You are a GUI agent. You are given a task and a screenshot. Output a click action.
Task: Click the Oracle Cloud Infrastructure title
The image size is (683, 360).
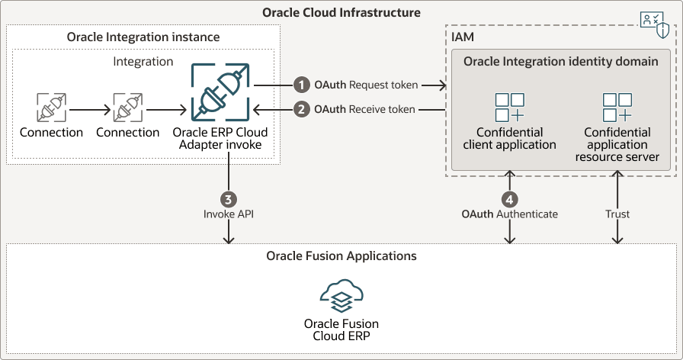(x=341, y=13)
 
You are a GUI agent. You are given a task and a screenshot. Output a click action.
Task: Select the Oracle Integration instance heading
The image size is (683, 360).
(x=143, y=37)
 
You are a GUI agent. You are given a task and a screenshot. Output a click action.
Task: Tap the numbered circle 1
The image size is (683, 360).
(x=303, y=85)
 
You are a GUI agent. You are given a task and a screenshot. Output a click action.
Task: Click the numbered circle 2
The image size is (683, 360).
(x=303, y=109)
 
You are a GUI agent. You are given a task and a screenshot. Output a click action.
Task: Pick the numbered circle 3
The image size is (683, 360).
(x=228, y=198)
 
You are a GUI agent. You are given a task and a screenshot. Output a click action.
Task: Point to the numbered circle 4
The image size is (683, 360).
(x=509, y=198)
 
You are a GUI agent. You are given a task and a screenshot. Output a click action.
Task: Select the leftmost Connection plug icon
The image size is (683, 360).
(x=51, y=108)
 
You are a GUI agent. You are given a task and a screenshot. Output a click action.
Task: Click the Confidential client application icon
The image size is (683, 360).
(x=509, y=108)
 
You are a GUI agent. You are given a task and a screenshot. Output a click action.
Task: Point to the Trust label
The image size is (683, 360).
(x=617, y=214)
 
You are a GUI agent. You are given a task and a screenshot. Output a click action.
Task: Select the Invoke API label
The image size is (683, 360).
(x=228, y=214)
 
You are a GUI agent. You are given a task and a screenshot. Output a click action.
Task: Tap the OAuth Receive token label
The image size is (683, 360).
(x=364, y=109)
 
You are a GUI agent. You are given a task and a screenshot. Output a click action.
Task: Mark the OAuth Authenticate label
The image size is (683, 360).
(x=509, y=214)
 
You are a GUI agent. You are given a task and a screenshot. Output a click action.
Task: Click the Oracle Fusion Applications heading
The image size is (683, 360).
(x=341, y=256)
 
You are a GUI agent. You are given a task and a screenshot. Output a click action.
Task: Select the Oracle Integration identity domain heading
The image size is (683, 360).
(x=561, y=61)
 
